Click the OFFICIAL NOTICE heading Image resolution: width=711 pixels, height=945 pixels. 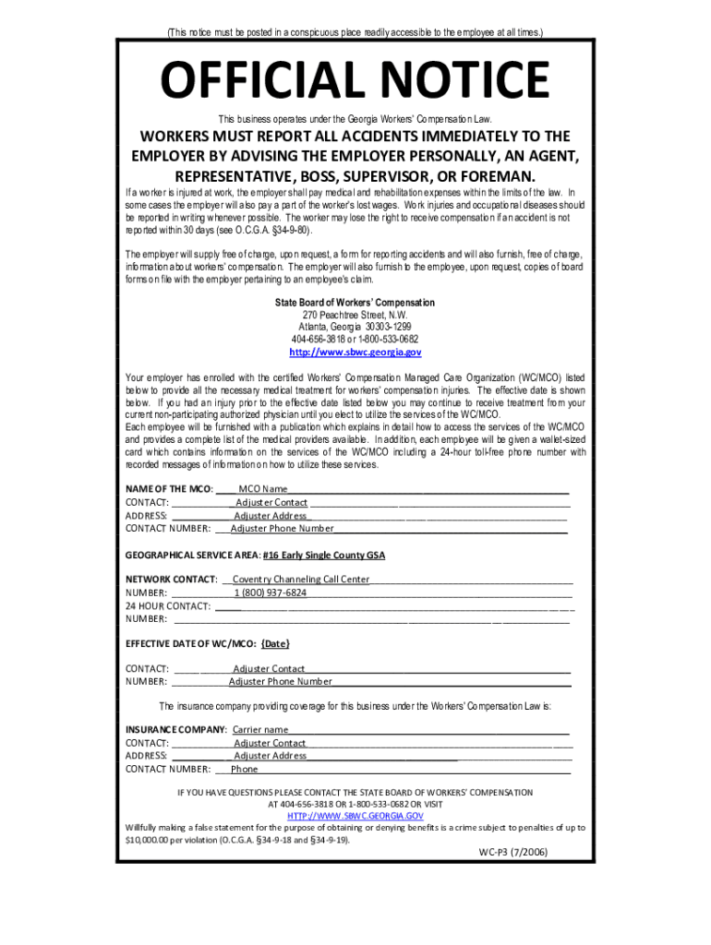point(355,80)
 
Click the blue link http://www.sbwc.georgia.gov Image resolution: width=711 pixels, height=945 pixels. point(355,353)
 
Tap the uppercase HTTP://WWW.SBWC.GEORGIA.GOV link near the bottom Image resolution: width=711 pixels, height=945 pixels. point(355,817)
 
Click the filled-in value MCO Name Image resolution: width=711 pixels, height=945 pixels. point(263,489)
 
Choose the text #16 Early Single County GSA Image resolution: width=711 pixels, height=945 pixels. point(324,556)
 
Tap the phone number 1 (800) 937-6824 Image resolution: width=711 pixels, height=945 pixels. point(270,592)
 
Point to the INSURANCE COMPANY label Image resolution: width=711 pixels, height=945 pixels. point(175,730)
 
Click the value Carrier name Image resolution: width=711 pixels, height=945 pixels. point(260,730)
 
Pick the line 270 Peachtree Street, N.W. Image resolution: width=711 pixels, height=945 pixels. point(355,315)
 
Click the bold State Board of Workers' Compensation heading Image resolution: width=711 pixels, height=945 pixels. point(355,303)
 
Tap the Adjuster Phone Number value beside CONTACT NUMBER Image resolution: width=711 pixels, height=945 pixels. point(283,529)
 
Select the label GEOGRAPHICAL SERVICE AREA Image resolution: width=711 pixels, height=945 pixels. point(191,556)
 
